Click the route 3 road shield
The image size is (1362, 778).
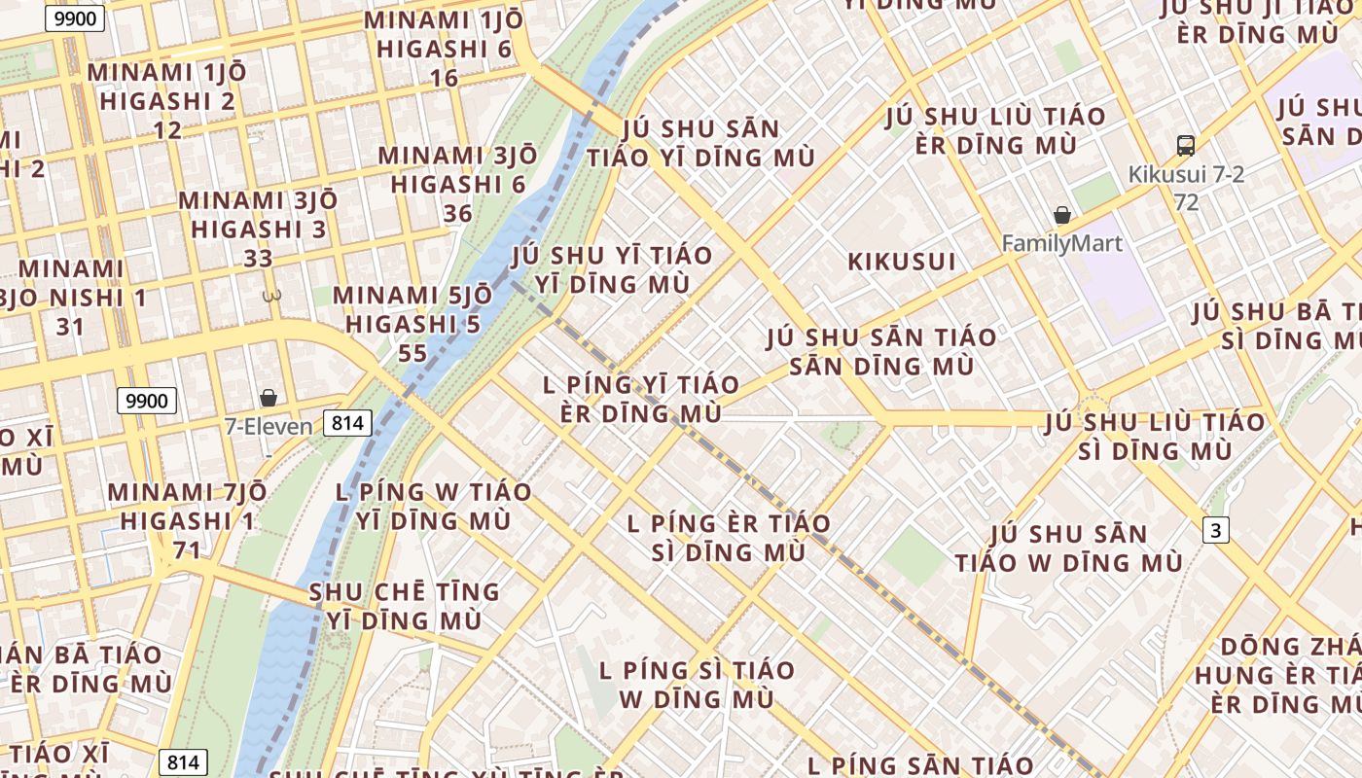pos(1215,530)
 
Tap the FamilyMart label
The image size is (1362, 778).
pos(1062,243)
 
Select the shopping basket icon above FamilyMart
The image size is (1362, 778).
pos(1062,215)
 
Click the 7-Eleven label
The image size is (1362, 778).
pos(269,426)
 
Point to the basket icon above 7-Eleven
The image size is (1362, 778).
pos(269,398)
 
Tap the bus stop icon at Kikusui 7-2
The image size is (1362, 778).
pos(1185,146)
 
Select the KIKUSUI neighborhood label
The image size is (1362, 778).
pos(902,262)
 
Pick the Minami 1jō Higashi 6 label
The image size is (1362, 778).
pos(444,49)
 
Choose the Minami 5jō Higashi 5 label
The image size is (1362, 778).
pos(412,324)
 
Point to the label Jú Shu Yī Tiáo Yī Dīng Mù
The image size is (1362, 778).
pos(612,269)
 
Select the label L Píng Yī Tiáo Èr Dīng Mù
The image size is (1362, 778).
pos(641,399)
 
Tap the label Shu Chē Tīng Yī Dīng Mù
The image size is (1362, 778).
pos(404,606)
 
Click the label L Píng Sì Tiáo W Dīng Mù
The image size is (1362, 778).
pos(697,684)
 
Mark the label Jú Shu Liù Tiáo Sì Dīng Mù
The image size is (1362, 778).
pos(1156,437)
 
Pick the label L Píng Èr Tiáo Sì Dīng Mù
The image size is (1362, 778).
pos(729,538)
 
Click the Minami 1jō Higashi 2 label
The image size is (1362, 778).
pos(167,100)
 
